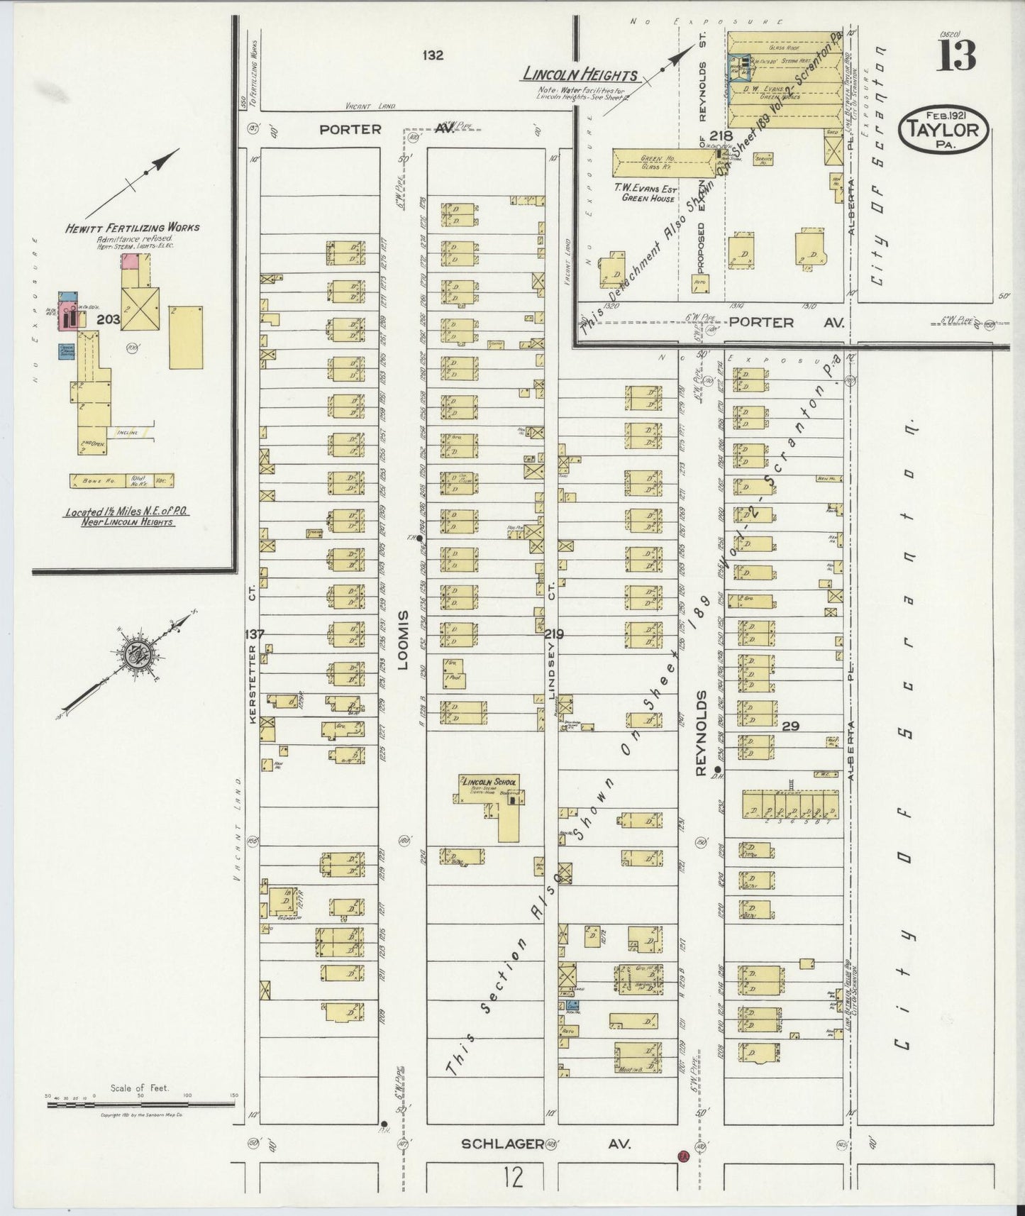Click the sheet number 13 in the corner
(958, 55)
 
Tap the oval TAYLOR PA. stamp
(943, 130)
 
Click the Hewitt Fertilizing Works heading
(133, 228)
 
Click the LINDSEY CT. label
(551, 671)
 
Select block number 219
(554, 633)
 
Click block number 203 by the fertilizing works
(108, 320)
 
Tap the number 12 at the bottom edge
(514, 1178)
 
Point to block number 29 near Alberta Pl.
(791, 726)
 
